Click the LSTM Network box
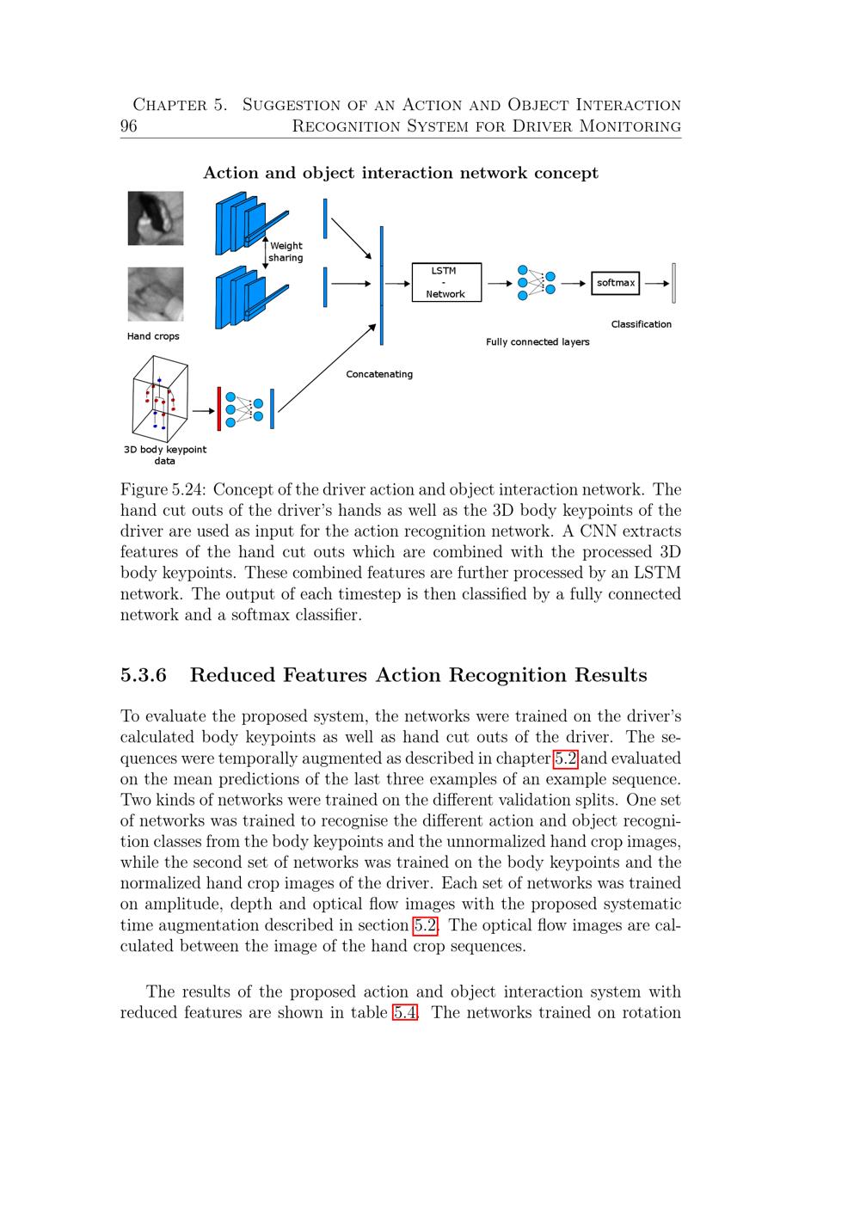[x=446, y=282]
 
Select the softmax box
[x=616, y=283]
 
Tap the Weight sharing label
[x=286, y=252]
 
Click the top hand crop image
[x=156, y=218]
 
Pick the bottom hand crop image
[x=156, y=294]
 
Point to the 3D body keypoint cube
[x=160, y=399]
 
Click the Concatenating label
[x=379, y=374]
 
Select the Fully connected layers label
[x=537, y=342]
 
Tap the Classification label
[x=641, y=324]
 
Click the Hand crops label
[x=153, y=336]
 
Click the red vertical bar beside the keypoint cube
[x=219, y=408]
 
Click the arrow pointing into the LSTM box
[x=398, y=283]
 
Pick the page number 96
[x=129, y=126]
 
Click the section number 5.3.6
[x=144, y=675]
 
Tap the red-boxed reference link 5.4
[x=405, y=1012]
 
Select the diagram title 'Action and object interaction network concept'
[x=401, y=173]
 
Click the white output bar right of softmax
[x=674, y=283]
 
